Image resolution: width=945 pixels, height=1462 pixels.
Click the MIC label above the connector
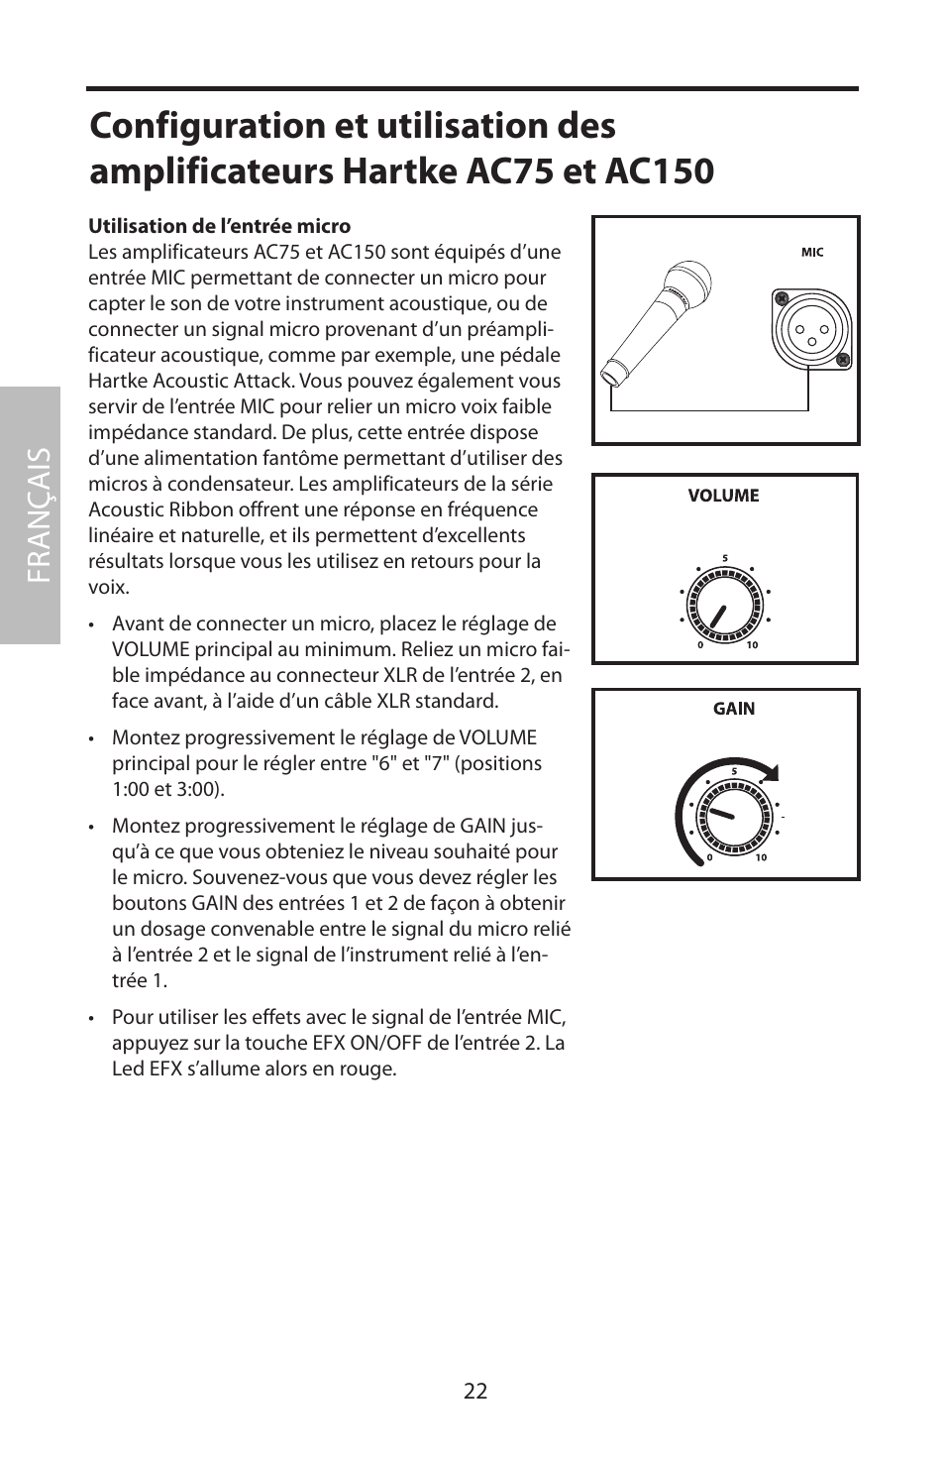tap(812, 253)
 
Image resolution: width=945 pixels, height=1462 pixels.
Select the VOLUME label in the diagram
tap(723, 496)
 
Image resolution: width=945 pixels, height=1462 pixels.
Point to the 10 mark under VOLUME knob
tap(752, 645)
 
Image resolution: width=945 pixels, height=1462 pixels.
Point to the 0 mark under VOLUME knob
tap(700, 645)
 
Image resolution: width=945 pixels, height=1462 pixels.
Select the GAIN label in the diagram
tap(734, 709)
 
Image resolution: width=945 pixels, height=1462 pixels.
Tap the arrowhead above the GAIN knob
tap(770, 773)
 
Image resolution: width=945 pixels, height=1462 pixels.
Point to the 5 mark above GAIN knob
tap(734, 771)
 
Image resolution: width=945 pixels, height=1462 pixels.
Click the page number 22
tap(474, 1391)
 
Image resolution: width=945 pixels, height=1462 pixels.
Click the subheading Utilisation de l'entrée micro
tap(220, 226)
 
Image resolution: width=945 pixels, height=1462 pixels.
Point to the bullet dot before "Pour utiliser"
tap(91, 1018)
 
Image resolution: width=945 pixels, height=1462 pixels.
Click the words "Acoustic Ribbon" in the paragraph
tap(156, 509)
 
